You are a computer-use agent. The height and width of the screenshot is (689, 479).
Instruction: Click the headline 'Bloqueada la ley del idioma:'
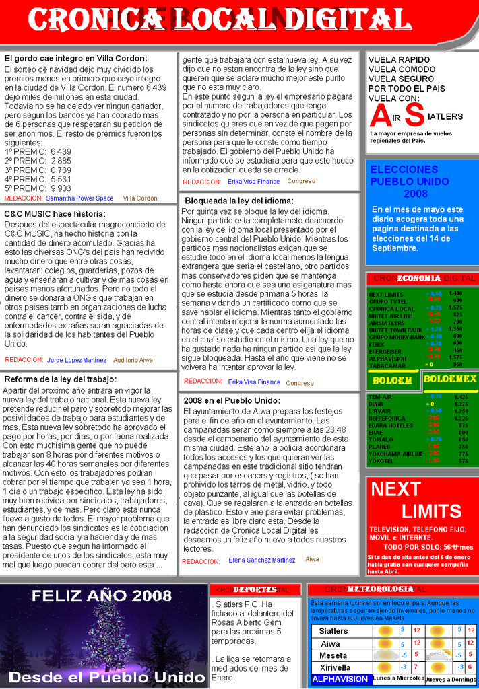tap(239, 201)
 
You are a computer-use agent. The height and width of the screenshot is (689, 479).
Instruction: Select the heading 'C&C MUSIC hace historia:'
tap(55, 214)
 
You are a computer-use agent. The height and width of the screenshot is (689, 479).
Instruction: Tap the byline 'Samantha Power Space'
tap(79, 198)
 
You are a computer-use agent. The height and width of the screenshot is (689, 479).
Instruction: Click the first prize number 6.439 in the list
tap(61, 152)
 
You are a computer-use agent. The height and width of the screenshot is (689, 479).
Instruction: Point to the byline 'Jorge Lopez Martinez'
tap(76, 360)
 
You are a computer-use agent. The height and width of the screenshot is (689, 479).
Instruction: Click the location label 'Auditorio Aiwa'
tap(133, 360)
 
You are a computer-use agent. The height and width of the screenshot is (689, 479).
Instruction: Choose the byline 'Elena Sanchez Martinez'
tap(261, 560)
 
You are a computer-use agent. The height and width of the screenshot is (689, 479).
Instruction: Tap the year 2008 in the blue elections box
tap(416, 194)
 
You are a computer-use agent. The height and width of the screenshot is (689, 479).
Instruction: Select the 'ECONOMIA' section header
tap(418, 278)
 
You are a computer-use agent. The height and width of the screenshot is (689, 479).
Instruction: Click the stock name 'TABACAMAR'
tap(387, 365)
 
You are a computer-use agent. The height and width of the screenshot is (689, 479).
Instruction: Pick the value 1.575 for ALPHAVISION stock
tap(455, 357)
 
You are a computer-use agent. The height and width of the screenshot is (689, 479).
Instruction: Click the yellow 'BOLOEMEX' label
tap(449, 379)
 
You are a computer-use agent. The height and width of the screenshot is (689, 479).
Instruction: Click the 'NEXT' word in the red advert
tap(395, 489)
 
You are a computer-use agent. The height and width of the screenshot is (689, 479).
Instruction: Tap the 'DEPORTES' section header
tap(255, 589)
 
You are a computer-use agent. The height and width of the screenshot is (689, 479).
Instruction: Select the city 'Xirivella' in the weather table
tap(335, 667)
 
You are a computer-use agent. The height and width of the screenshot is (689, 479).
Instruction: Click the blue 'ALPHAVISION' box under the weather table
tap(340, 679)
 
